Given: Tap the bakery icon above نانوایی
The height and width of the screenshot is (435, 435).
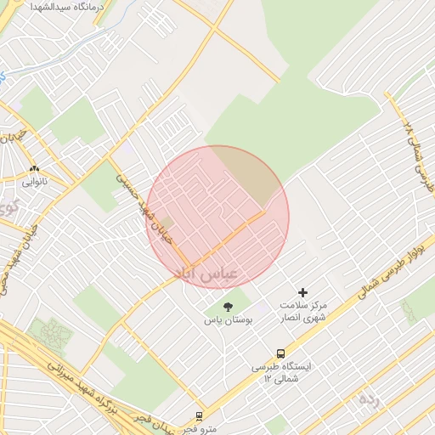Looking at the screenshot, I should tap(35, 168).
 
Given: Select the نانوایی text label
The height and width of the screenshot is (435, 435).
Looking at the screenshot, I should tap(35, 180).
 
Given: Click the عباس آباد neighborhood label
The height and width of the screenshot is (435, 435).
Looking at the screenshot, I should tap(207, 272).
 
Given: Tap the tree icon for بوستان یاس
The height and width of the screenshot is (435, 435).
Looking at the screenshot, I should tap(227, 307).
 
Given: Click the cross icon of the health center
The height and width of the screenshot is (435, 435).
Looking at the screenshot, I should tap(302, 292).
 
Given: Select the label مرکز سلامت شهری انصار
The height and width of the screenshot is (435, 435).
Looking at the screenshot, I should tap(302, 312).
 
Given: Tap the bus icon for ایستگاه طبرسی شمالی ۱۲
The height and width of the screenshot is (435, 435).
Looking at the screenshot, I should tap(280, 353).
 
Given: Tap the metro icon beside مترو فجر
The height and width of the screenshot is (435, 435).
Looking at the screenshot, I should tap(199, 416).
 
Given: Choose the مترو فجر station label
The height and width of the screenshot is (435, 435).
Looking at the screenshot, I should tap(201, 428).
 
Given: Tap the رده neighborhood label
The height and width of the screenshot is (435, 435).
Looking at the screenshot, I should tap(367, 398).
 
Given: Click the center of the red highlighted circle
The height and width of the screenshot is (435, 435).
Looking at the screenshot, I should tap(218, 217).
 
